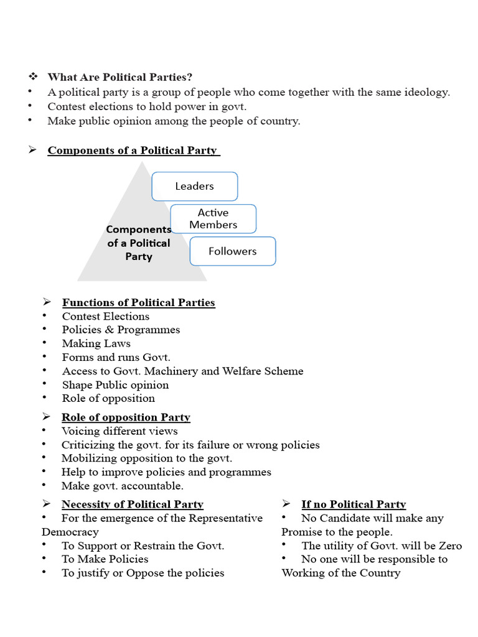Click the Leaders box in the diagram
(195, 186)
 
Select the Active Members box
(213, 219)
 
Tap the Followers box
(232, 251)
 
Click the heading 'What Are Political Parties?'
(120, 77)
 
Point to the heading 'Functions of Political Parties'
(138, 303)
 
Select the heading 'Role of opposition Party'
(126, 417)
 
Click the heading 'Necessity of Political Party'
(132, 504)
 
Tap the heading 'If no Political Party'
(353, 504)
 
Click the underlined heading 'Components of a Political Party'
(133, 151)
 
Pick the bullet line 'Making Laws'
(96, 343)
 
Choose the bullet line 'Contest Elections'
(105, 316)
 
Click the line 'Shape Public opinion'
(115, 384)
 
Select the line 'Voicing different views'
(119, 431)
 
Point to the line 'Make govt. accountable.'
(122, 486)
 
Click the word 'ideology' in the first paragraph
(428, 92)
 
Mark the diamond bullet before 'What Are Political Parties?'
(33, 77)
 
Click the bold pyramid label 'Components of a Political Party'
(138, 243)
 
